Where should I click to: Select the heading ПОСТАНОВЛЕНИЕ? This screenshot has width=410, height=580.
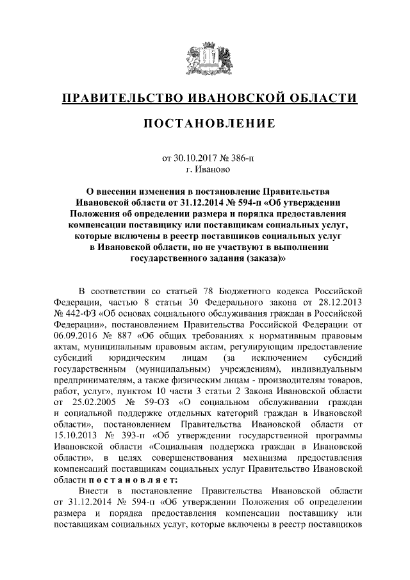[205, 122]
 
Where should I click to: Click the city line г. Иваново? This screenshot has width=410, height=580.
[205, 169]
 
